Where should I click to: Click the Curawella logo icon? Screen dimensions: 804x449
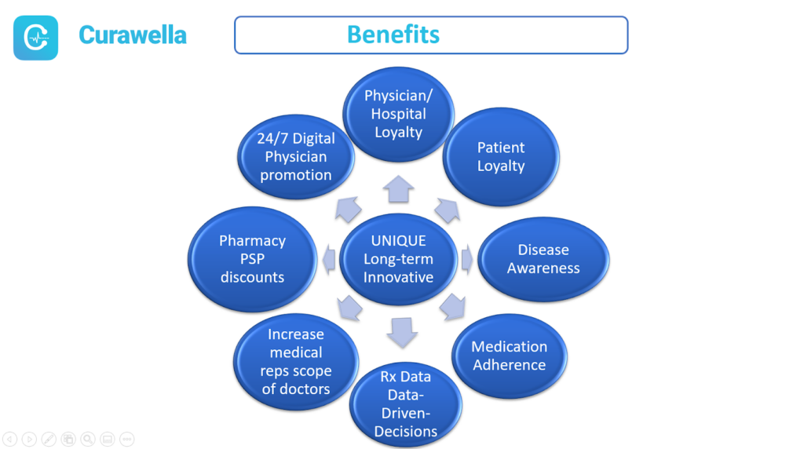click(35, 38)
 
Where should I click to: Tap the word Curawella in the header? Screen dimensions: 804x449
click(132, 35)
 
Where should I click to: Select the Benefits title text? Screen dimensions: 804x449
click(393, 35)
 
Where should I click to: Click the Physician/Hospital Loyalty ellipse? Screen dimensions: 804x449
click(398, 115)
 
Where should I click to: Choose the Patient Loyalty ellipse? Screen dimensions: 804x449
click(501, 157)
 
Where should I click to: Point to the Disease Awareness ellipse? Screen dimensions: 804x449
click(543, 259)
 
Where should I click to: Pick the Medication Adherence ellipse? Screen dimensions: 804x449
click(509, 356)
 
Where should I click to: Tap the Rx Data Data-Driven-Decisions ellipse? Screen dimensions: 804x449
click(406, 404)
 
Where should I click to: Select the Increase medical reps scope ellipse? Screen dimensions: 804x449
click(296, 361)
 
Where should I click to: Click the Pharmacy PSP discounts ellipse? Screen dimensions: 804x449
click(252, 259)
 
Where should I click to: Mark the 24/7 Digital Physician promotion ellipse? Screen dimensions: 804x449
click(296, 157)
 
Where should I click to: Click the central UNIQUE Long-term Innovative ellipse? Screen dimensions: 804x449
click(398, 259)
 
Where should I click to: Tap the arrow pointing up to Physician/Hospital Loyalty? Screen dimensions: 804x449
click(398, 188)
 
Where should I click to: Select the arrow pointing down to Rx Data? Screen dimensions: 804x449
click(402, 332)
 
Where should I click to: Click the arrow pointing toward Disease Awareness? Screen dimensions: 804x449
click(467, 259)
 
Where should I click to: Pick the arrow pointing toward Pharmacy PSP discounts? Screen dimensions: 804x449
click(329, 259)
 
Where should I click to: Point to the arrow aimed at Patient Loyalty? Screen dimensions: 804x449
click(448, 210)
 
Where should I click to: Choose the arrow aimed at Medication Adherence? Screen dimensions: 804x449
click(453, 307)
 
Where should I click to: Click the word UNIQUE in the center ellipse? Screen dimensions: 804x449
click(398, 240)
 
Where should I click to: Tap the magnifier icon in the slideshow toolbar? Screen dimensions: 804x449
click(88, 440)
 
